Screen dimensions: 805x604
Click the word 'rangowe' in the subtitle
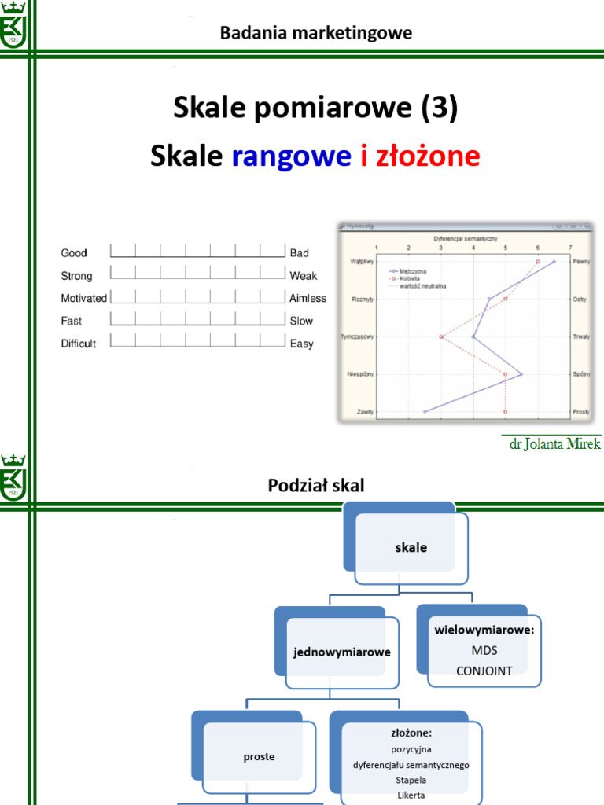click(291, 156)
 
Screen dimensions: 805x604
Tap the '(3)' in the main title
click(438, 108)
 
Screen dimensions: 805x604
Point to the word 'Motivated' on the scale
click(84, 299)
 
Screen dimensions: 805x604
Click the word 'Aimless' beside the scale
click(308, 299)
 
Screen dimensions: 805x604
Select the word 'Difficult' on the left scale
click(79, 344)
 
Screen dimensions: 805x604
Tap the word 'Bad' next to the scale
click(299, 253)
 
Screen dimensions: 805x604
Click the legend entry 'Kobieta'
click(410, 278)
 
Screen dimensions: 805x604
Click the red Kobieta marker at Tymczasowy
click(441, 336)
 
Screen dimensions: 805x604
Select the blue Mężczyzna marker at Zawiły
click(425, 411)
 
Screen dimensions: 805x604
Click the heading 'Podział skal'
click(316, 486)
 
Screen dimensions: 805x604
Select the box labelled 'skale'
click(411, 547)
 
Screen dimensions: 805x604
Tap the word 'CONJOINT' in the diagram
click(484, 671)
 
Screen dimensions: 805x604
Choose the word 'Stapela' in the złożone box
click(411, 780)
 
